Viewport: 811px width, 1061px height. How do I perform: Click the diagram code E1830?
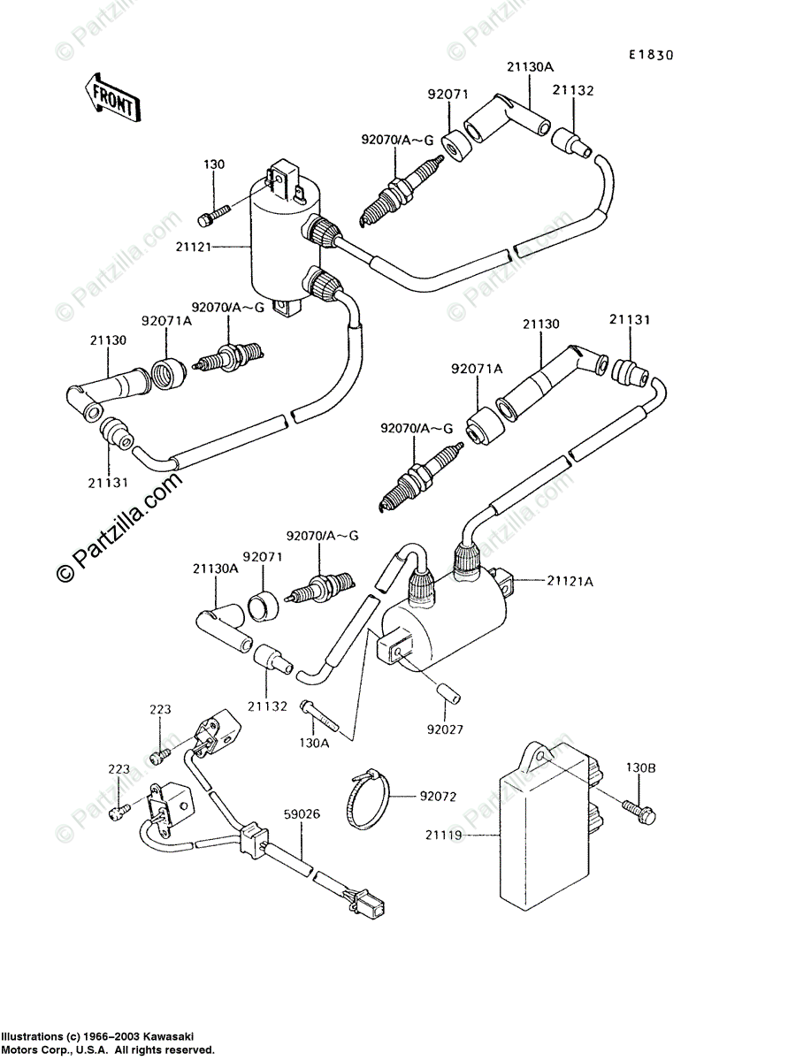click(651, 55)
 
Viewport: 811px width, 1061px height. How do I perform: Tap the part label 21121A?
click(570, 580)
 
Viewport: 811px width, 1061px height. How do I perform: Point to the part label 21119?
click(448, 834)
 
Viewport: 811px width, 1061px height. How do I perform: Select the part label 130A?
click(314, 743)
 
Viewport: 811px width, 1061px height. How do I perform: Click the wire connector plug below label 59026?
click(368, 903)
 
